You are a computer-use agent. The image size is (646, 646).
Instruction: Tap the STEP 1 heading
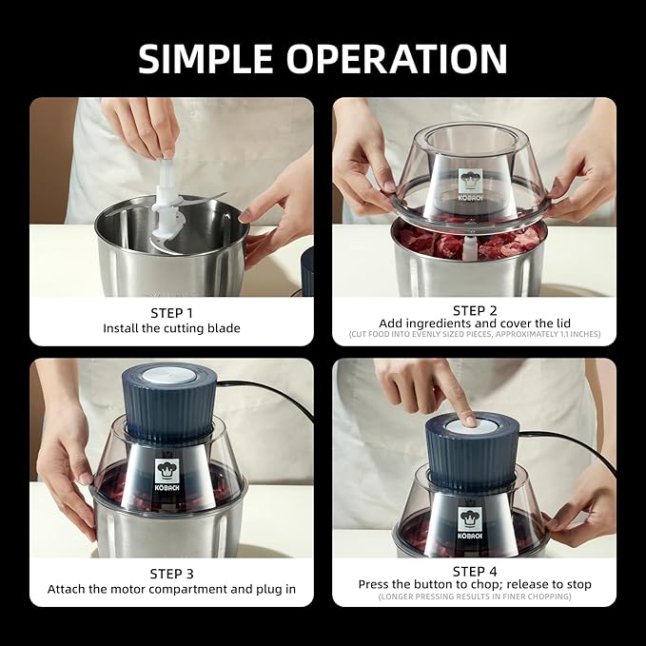coord(171,312)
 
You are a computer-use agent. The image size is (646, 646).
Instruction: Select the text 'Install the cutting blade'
coord(171,328)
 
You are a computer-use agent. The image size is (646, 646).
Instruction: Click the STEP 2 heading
coord(474,310)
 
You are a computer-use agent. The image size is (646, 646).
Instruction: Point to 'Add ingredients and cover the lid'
coord(474,324)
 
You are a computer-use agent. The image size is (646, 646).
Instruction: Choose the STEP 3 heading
coord(171,573)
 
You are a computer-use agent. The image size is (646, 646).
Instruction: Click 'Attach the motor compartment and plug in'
coord(171,589)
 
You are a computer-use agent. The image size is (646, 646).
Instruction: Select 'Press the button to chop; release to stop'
coord(474,583)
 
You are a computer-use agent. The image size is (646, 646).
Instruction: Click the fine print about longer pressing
coord(474,597)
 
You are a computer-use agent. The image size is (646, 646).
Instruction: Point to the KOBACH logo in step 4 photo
coord(470,522)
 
